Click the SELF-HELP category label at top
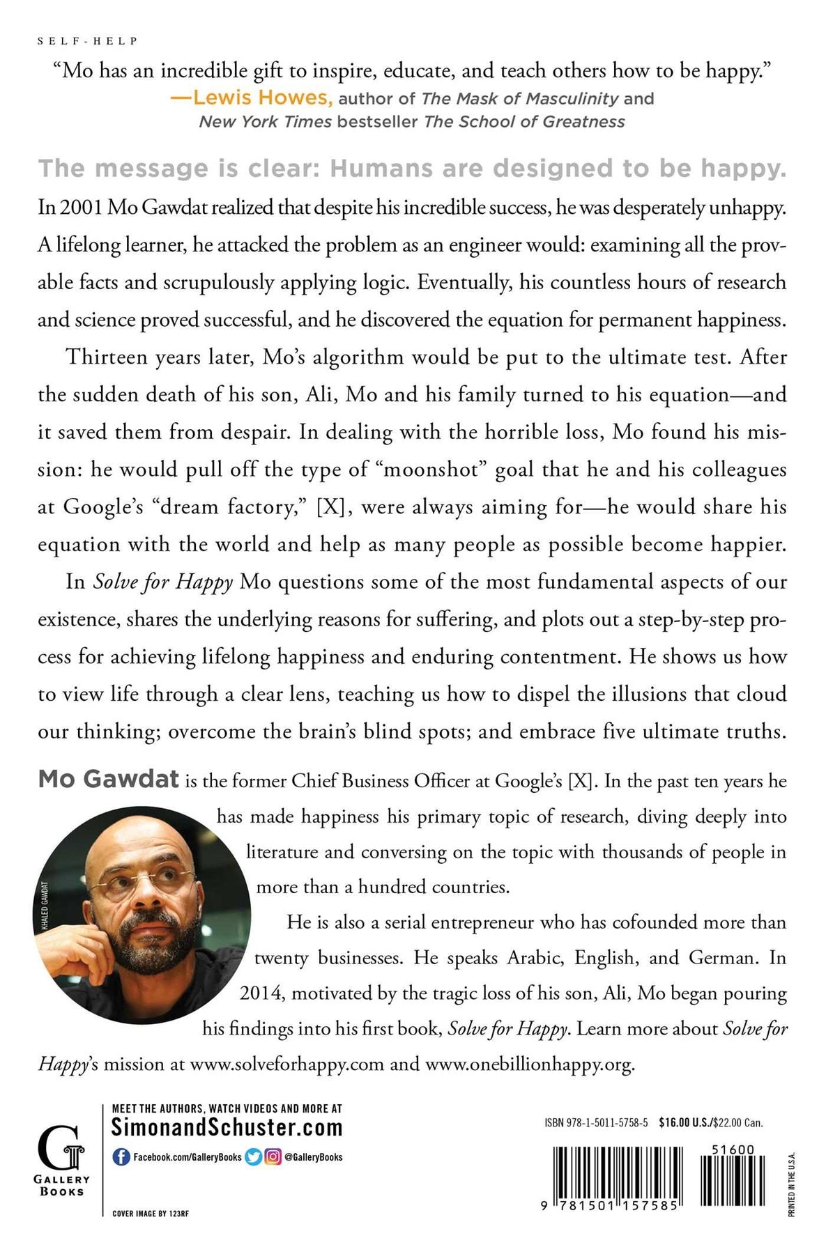point(87,41)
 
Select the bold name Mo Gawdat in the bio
point(109,779)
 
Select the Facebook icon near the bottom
point(121,1157)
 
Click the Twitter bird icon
point(254,1157)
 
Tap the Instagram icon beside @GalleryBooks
point(273,1157)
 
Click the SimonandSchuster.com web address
point(227,1128)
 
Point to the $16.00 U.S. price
point(685,1122)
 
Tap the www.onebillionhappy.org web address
point(530,1065)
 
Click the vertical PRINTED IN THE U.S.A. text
point(791,1185)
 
